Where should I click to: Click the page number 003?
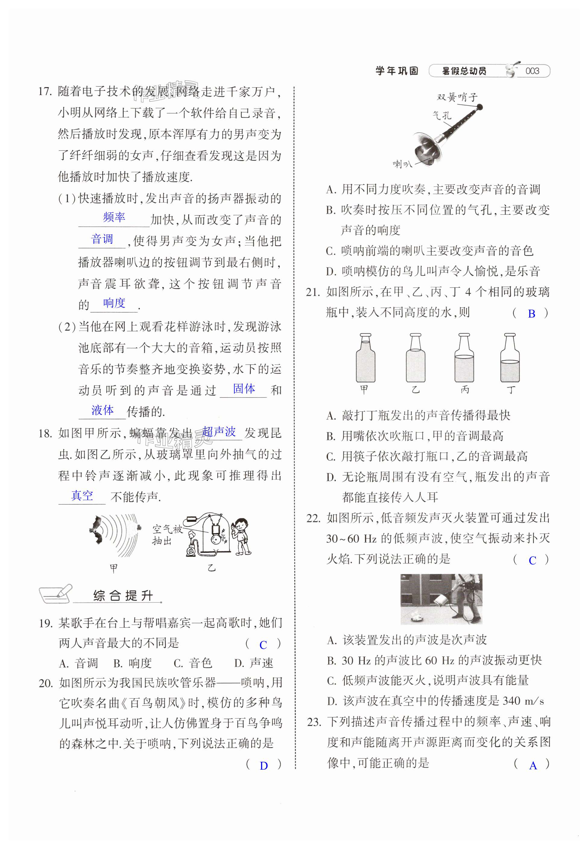click(532, 71)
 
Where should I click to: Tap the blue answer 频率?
click(114, 217)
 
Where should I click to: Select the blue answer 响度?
click(114, 303)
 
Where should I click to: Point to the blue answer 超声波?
click(219, 431)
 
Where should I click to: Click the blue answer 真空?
click(82, 496)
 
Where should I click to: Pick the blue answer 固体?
click(244, 388)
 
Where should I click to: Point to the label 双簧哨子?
click(457, 97)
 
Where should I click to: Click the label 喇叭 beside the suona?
click(402, 164)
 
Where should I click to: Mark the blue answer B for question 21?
click(531, 314)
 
